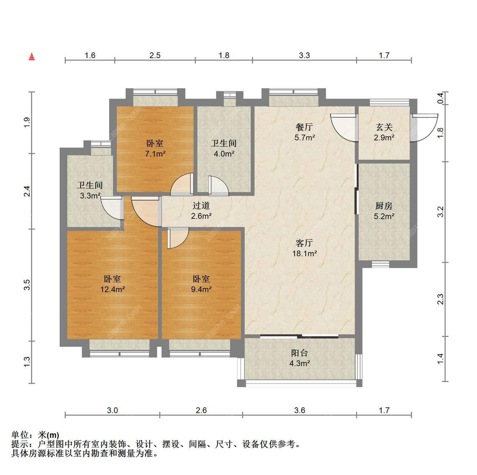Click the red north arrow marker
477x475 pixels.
coord(31,57)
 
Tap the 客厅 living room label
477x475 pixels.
coord(304,243)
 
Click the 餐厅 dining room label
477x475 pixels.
coord(304,127)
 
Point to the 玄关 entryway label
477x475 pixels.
coord(384,127)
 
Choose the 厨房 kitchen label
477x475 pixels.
coord(384,206)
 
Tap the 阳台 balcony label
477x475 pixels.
coord(299,353)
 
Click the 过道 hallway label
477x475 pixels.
coord(201,206)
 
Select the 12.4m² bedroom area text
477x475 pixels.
coord(112,290)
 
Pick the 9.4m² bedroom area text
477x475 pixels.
coord(201,290)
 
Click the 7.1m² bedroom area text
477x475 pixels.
coord(155,154)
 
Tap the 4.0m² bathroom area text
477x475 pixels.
coord(224,154)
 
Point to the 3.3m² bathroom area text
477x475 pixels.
coord(90,196)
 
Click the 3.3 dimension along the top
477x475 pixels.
coord(304,55)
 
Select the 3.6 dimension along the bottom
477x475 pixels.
coord(299,410)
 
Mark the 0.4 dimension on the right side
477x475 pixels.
coord(441,98)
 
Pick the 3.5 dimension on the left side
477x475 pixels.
coord(27,285)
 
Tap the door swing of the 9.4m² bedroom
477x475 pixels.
coord(177,237)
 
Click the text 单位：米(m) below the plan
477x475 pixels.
coord(35,435)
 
